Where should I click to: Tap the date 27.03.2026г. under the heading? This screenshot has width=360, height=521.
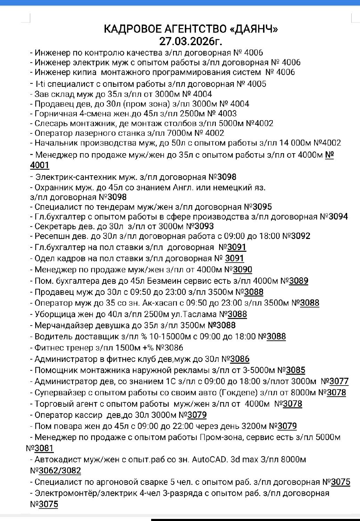(x=190, y=41)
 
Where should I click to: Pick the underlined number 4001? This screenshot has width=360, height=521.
(x=40, y=165)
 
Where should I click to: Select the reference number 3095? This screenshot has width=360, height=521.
(x=262, y=207)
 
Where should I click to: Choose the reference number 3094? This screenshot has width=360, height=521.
(x=338, y=217)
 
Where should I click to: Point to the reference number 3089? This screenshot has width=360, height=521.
(x=298, y=281)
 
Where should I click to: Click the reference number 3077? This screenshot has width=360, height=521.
(x=339, y=381)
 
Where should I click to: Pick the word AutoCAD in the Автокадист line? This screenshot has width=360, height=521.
(x=208, y=460)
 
